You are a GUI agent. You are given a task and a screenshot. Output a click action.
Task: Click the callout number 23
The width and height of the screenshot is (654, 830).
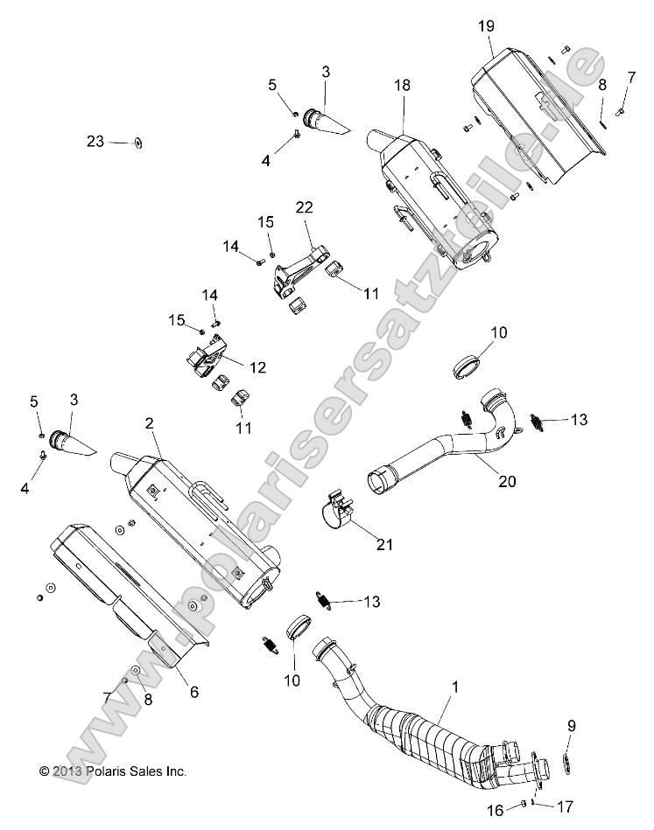coord(95,142)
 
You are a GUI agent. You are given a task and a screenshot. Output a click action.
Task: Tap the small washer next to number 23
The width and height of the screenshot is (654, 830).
coord(139,143)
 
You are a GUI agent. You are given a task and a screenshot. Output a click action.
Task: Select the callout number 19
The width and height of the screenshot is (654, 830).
coord(486,27)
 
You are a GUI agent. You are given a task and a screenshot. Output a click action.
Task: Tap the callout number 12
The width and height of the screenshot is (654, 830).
coord(258,368)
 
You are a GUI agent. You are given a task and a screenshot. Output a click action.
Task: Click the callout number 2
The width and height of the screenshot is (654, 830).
coord(149,423)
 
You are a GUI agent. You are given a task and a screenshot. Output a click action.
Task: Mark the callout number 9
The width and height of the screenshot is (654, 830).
coord(572,724)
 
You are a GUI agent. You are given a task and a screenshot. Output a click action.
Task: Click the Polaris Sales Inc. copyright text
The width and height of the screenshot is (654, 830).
coord(114,771)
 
